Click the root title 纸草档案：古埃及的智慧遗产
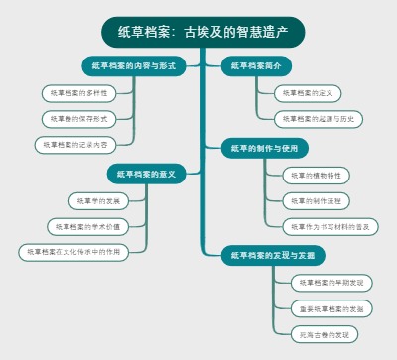(202, 33)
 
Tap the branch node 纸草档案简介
(256, 66)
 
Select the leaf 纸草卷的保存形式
(79, 118)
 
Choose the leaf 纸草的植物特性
(317, 175)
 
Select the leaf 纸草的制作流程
(317, 200)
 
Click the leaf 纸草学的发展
(99, 200)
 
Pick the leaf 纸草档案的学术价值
(88, 226)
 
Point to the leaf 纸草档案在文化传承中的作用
(73, 252)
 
